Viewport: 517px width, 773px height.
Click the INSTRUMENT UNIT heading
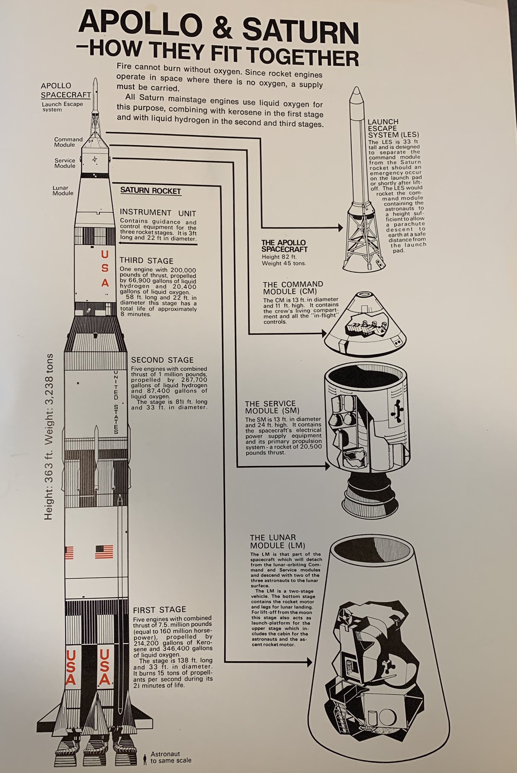[158, 212]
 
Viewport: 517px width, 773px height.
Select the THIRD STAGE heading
[146, 261]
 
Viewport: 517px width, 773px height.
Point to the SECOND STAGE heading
[162, 360]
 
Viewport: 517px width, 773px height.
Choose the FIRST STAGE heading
[160, 610]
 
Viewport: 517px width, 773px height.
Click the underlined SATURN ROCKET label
[151, 191]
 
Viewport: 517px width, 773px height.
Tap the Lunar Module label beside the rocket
[63, 191]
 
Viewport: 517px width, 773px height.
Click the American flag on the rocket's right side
[104, 552]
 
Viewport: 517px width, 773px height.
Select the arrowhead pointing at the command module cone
[324, 334]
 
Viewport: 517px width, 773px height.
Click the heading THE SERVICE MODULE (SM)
[270, 407]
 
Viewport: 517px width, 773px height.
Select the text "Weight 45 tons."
[284, 263]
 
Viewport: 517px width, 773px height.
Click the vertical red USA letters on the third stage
[105, 268]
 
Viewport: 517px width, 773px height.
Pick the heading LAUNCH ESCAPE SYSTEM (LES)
[393, 128]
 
